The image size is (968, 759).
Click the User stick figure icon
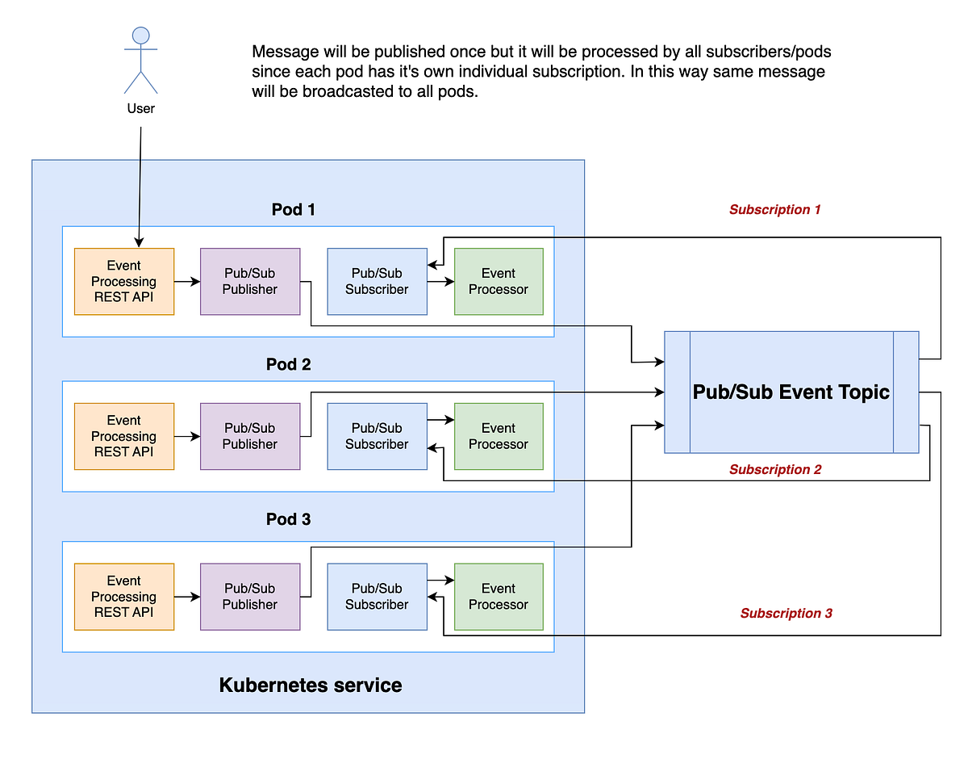(x=140, y=61)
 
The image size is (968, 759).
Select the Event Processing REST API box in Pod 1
(x=124, y=281)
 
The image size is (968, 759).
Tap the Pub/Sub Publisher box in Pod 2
(x=250, y=436)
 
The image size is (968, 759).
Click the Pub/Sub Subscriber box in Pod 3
(x=377, y=597)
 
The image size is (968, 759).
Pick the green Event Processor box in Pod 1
(x=499, y=281)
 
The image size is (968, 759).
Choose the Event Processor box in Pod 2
(x=499, y=436)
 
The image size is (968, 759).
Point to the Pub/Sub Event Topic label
(x=791, y=392)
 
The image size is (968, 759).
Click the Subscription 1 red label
(x=774, y=210)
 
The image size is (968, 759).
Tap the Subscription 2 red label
(x=774, y=470)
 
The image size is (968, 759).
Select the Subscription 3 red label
(x=786, y=614)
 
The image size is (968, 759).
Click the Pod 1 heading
(x=293, y=210)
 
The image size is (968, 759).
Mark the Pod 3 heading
(x=288, y=519)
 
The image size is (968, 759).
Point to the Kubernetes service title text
(x=310, y=686)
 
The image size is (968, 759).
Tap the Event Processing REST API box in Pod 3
(x=124, y=597)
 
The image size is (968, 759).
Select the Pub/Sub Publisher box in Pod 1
(x=250, y=281)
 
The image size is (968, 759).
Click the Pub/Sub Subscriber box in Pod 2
(x=377, y=436)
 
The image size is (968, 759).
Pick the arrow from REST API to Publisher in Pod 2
(x=187, y=436)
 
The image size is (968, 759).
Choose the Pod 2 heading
(x=288, y=365)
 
